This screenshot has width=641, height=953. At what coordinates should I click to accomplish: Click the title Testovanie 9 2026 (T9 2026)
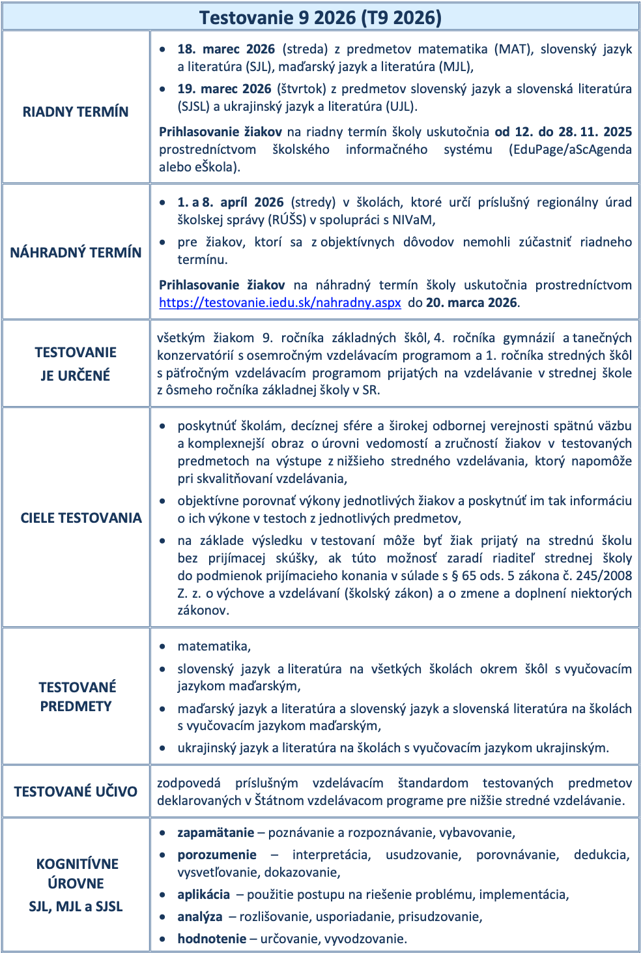point(320,18)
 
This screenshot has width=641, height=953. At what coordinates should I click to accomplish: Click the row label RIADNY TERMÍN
point(76,111)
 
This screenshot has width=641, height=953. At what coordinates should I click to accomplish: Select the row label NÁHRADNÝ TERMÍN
point(76,252)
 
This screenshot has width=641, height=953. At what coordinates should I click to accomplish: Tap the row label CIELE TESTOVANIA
point(81,518)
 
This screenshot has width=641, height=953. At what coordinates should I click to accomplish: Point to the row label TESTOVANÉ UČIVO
point(76,791)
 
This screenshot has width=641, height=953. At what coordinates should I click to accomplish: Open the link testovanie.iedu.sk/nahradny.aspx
point(280,302)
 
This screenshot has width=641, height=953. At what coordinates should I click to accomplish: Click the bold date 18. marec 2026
point(226,49)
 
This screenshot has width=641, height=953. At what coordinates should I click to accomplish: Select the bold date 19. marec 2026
point(224,89)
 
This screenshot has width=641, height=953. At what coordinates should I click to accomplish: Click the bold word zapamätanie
point(216,832)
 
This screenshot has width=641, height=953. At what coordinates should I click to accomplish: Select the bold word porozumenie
point(217,855)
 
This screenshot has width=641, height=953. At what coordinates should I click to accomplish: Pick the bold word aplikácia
point(203,894)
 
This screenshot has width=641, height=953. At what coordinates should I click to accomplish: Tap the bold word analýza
point(199,916)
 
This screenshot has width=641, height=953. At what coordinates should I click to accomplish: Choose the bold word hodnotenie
point(212,939)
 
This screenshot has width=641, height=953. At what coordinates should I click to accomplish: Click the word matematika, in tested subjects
point(214,646)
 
